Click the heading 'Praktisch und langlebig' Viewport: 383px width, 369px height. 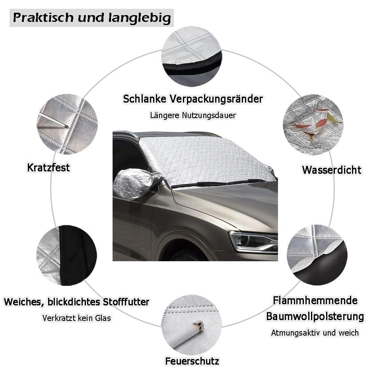pos(92,18)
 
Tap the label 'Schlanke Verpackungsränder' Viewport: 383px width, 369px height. pos(193,99)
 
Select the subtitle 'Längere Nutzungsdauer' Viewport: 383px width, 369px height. pos(193,115)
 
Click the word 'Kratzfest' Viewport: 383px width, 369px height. pos(49,168)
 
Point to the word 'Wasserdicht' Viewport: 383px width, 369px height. pos(331,170)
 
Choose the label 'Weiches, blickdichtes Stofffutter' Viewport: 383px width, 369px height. pos(76,302)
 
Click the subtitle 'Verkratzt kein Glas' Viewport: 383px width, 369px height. pos(76,318)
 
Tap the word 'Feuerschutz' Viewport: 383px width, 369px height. pos(192,361)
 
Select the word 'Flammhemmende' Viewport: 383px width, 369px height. pos(315,300)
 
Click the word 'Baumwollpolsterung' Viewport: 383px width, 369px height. pos(315,317)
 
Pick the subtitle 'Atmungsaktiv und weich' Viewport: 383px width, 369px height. pos(315,332)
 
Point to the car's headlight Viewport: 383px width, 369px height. pos(253,241)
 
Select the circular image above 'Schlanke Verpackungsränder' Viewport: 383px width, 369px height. pos(192,56)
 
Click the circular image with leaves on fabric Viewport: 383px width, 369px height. pos(313,124)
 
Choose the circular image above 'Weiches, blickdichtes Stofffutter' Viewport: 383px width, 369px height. pos(67,255)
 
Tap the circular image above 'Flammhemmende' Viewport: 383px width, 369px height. pos(317,255)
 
